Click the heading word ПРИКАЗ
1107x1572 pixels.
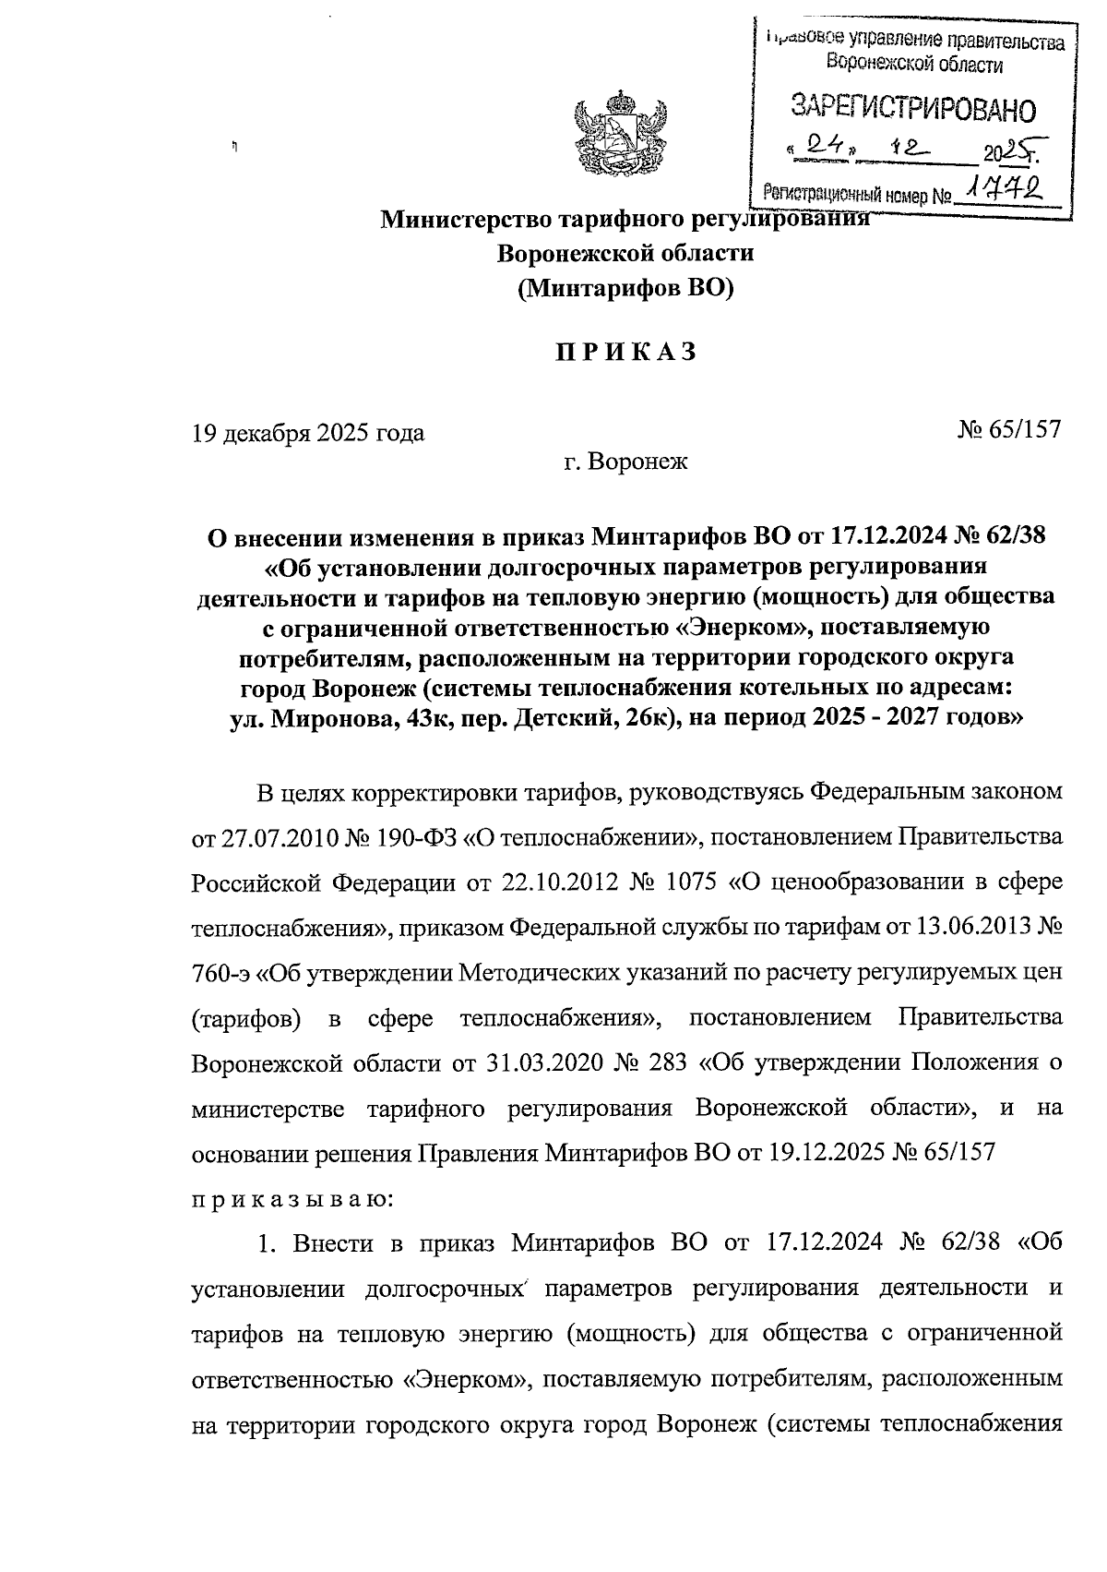click(x=625, y=353)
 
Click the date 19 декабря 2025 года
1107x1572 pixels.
click(x=307, y=432)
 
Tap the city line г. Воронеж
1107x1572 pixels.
click(x=625, y=462)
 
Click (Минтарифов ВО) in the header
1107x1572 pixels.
click(x=625, y=290)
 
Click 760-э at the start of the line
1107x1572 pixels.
click(x=220, y=973)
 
